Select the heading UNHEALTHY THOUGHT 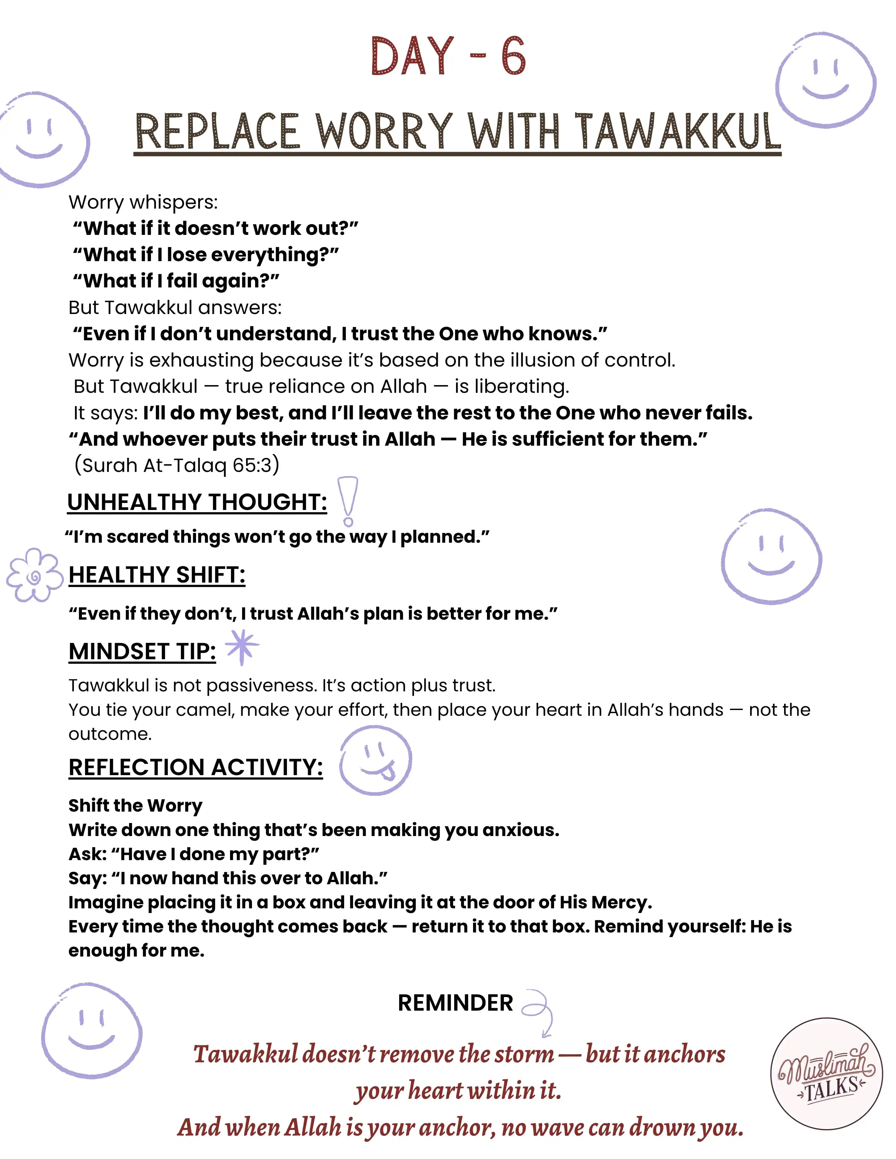(x=197, y=502)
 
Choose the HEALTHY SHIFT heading (x=157, y=575)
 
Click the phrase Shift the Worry (x=135, y=805)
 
